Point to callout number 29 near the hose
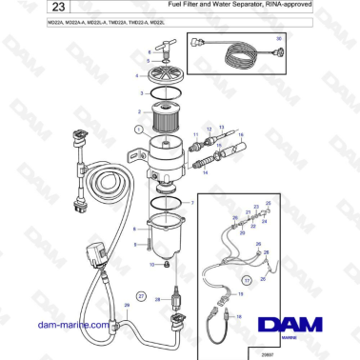tap(127, 305)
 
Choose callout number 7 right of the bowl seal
tap(196, 203)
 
